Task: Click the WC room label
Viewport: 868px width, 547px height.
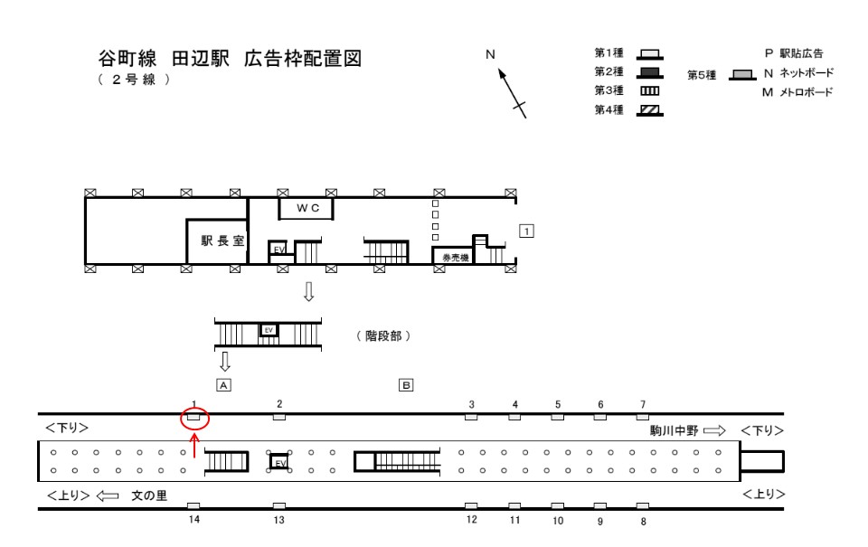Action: coord(307,208)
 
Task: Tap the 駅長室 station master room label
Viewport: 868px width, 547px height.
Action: coord(222,240)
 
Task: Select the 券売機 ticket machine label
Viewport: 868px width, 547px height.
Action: coord(456,258)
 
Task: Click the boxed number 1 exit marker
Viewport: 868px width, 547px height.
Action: coord(526,231)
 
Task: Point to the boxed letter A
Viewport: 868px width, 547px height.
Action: coord(223,385)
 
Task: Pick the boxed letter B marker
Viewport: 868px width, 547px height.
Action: coord(406,385)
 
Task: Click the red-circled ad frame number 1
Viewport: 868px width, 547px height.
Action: coord(193,417)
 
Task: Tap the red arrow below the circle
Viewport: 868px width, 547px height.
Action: coord(194,446)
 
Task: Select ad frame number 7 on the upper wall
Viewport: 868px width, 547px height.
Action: coord(642,417)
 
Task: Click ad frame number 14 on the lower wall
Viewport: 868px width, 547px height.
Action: coord(193,505)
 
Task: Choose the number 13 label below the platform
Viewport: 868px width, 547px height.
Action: coord(279,520)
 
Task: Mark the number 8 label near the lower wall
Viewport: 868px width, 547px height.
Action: coord(643,522)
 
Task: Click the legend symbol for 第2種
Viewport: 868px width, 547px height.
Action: coord(649,72)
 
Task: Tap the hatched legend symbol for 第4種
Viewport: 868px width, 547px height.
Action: coord(649,110)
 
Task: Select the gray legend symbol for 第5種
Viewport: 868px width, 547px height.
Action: coord(742,75)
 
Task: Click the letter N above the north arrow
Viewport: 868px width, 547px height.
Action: coord(490,54)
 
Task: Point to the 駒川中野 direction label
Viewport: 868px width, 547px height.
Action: coord(675,430)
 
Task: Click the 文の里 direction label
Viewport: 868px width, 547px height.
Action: coord(149,495)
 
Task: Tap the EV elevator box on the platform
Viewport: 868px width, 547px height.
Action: coord(279,462)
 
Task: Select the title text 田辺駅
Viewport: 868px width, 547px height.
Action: coord(201,59)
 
